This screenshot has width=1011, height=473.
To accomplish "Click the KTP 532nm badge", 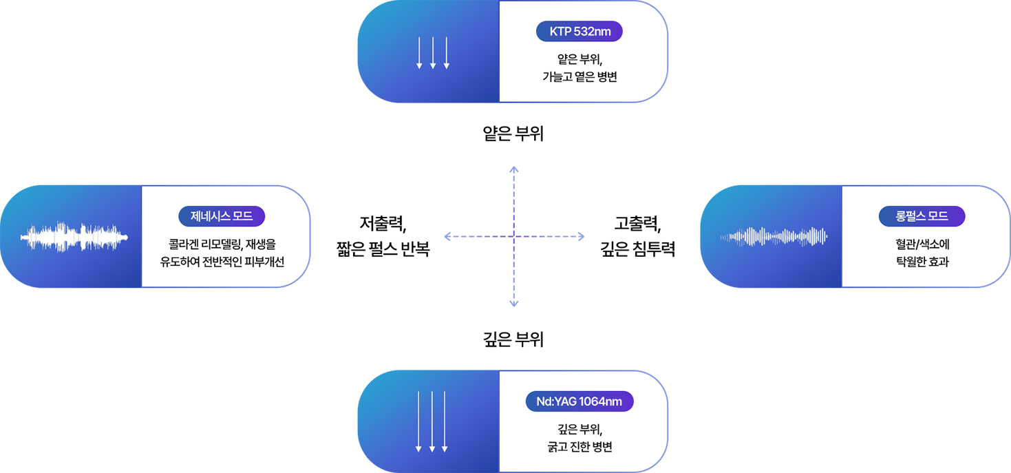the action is [579, 31].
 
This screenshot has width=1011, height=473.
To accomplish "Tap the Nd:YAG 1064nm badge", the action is [579, 401].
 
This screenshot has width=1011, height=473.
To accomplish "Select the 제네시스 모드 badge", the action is [222, 216].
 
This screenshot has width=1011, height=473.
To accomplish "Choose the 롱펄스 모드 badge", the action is [922, 216].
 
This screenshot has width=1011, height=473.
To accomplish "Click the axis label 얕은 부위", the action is [513, 134].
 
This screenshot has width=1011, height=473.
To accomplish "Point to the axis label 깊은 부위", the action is [513, 339].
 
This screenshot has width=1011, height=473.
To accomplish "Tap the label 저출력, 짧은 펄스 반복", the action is [383, 236].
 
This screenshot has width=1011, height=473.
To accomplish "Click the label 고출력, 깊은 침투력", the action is [638, 236].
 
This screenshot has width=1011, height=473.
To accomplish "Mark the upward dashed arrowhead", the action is [513, 169].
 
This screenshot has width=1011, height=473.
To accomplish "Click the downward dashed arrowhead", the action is [513, 304].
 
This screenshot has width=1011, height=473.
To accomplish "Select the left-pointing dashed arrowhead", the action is [448, 236].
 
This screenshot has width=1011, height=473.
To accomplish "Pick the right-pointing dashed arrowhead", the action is [580, 236].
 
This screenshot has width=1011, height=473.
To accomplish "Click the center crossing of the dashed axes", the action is [513, 236].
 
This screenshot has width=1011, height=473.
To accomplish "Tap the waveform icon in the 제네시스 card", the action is [74, 237].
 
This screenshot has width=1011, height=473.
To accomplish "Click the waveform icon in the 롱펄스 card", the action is [774, 237].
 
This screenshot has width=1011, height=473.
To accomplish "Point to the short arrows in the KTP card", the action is [433, 53].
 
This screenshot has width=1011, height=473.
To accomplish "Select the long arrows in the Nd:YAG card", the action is [432, 421].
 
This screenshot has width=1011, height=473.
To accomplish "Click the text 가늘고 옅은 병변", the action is [579, 76].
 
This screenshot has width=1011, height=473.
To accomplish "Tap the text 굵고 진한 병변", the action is [579, 447].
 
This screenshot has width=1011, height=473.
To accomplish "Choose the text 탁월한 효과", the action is [922, 262].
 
